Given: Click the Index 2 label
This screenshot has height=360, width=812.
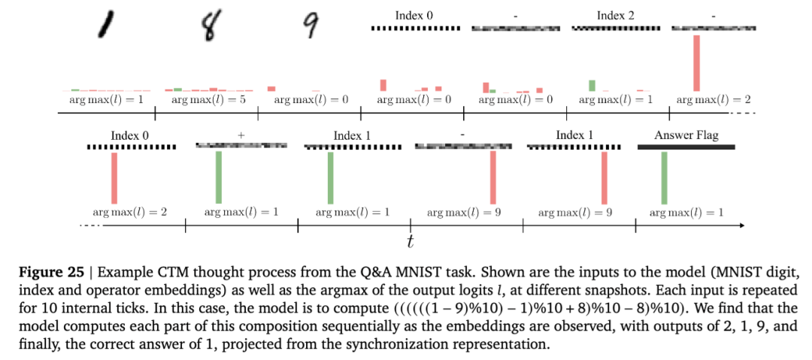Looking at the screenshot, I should [x=615, y=15].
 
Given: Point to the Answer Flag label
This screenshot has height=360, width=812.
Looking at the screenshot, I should [x=686, y=135].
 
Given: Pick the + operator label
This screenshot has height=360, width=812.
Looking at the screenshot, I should [x=241, y=135].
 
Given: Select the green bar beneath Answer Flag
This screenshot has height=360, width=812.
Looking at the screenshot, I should [x=664, y=177].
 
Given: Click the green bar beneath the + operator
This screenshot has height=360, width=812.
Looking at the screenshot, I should [x=219, y=177].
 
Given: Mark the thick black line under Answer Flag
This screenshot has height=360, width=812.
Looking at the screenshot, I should [x=685, y=147].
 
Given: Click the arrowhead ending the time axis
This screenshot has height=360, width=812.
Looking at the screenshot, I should [x=742, y=225].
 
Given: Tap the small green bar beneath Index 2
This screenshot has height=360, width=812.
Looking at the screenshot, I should [x=592, y=85].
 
